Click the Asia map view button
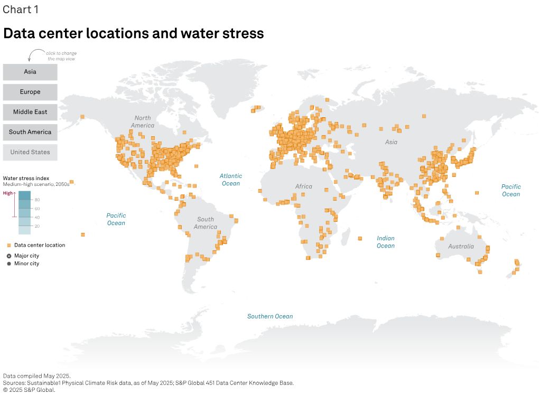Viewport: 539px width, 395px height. (x=30, y=72)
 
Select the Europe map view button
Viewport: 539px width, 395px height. (x=30, y=92)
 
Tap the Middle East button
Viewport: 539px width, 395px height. (x=30, y=112)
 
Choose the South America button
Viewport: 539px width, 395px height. (x=30, y=132)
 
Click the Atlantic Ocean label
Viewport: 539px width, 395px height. (x=231, y=180)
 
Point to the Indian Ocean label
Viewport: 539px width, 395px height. (x=386, y=242)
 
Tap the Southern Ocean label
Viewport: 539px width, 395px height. (x=270, y=316)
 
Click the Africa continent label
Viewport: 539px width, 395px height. (x=304, y=186)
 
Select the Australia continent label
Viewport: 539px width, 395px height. (x=461, y=247)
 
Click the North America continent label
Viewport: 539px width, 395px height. (x=143, y=121)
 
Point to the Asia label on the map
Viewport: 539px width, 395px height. (x=391, y=142)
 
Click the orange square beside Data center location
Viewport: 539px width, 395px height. (x=9, y=246)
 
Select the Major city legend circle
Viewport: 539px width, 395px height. (x=9, y=256)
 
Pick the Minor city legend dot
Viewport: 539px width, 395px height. (x=9, y=264)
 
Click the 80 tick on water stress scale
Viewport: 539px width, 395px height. (x=38, y=200)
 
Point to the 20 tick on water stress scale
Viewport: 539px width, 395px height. (x=38, y=226)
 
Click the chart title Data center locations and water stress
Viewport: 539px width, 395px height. (x=134, y=34)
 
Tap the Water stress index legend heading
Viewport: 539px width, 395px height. (x=26, y=178)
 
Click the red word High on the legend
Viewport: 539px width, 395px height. (x=8, y=193)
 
